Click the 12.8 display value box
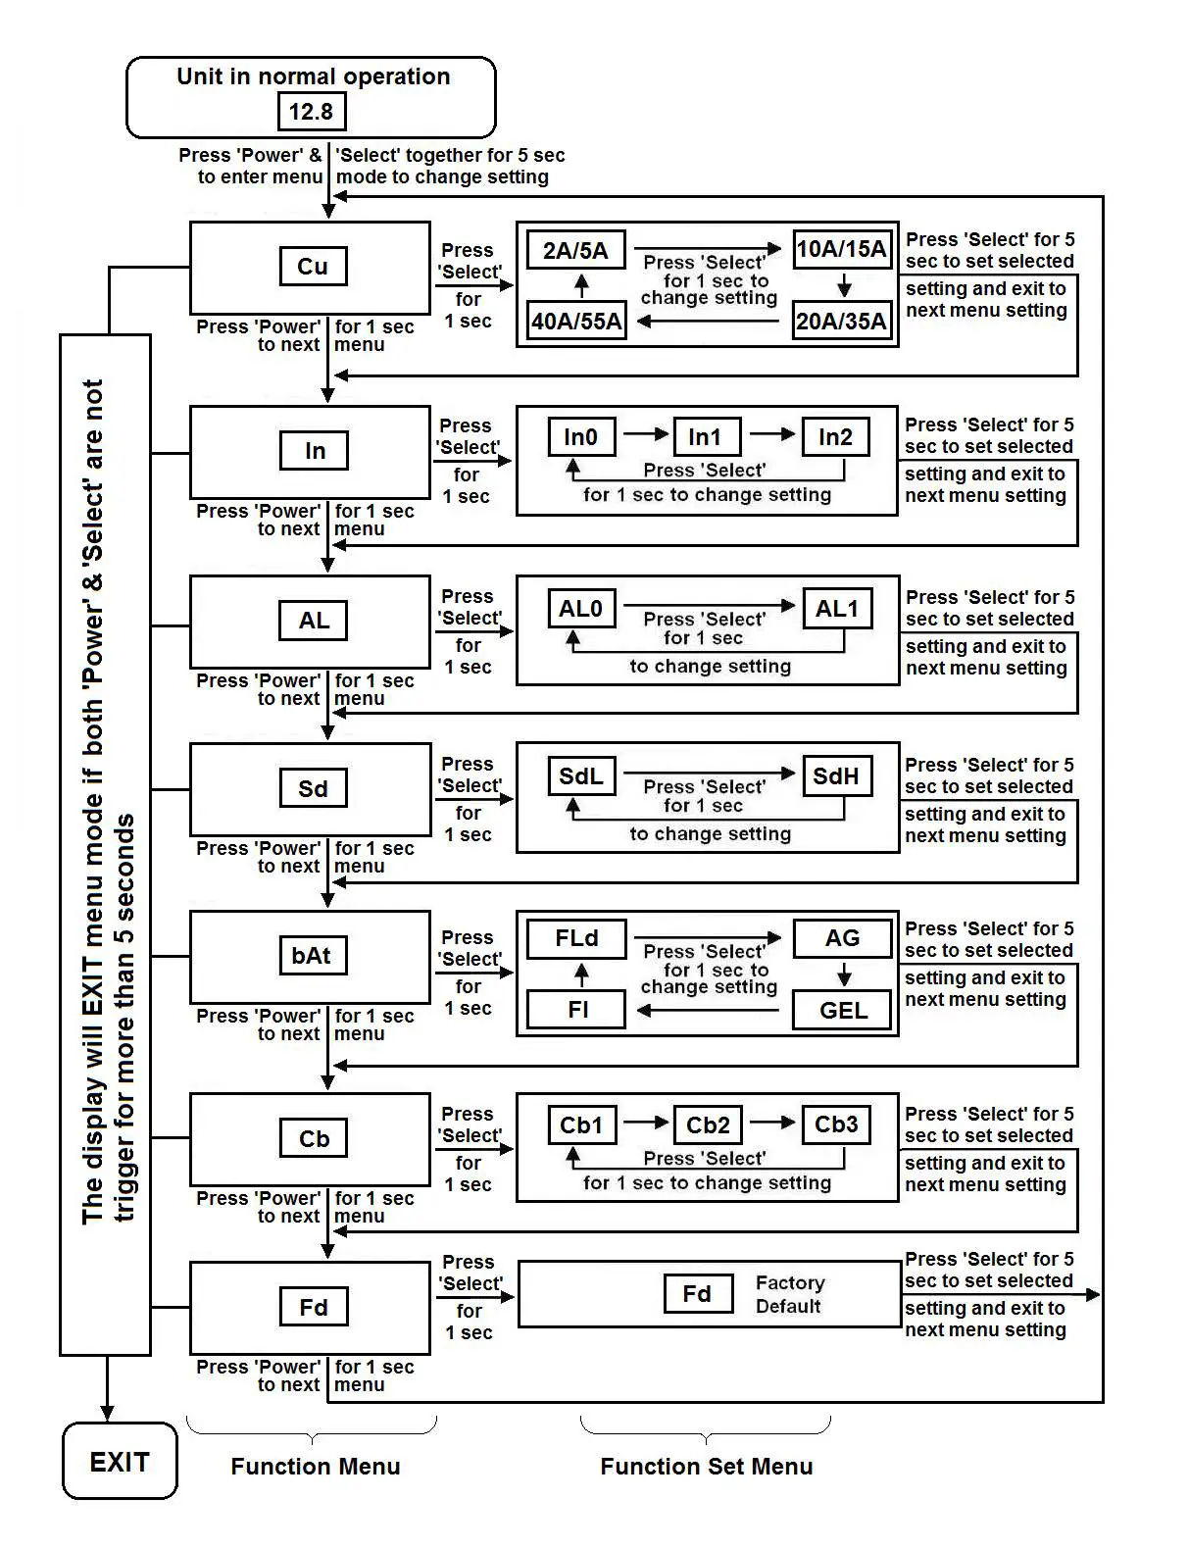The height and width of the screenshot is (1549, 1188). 311,112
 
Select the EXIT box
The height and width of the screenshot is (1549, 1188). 120,1462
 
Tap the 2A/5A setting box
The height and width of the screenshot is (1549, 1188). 575,250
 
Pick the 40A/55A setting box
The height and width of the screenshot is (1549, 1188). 576,321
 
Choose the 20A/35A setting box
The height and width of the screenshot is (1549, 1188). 841,321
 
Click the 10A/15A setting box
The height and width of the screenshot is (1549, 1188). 841,249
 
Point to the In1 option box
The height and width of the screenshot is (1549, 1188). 706,437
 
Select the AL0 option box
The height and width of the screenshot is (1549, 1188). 581,609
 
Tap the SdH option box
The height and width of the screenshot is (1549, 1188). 836,776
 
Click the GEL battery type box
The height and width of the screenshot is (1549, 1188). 843,1010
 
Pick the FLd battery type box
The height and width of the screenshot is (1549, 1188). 576,938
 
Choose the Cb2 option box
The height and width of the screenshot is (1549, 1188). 708,1124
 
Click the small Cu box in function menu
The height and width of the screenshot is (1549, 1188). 313,267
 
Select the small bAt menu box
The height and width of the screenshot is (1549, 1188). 312,956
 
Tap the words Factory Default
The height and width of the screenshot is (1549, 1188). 790,1294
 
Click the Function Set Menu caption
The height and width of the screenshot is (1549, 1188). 706,1467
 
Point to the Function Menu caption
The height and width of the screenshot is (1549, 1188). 315,1467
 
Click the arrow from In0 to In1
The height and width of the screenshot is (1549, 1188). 645,434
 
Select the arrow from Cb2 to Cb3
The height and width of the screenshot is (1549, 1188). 772,1123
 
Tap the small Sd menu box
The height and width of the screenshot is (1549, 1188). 313,789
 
